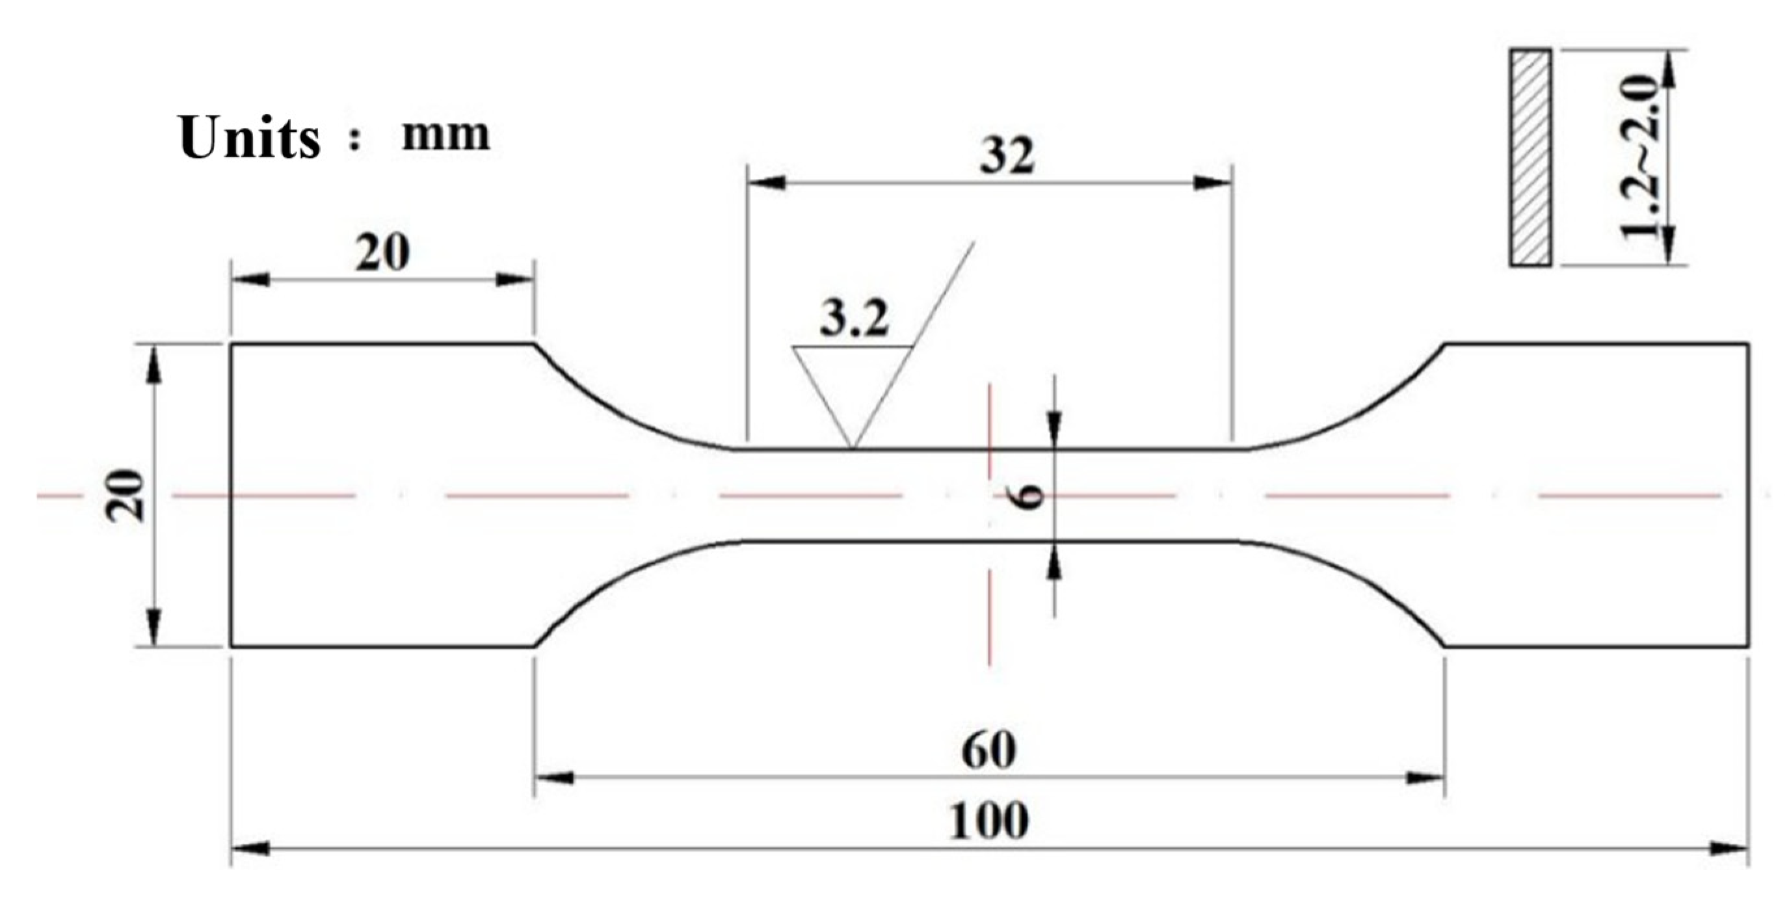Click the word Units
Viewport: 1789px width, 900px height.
[249, 137]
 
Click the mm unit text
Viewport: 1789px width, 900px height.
[446, 133]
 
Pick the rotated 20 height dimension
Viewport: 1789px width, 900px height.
[126, 496]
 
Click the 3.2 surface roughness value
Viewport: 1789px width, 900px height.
[853, 320]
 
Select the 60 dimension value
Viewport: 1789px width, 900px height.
[988, 750]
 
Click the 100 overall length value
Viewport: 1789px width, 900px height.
[988, 821]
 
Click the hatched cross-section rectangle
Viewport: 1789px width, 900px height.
[1531, 157]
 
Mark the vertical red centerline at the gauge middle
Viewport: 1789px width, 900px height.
[990, 611]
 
